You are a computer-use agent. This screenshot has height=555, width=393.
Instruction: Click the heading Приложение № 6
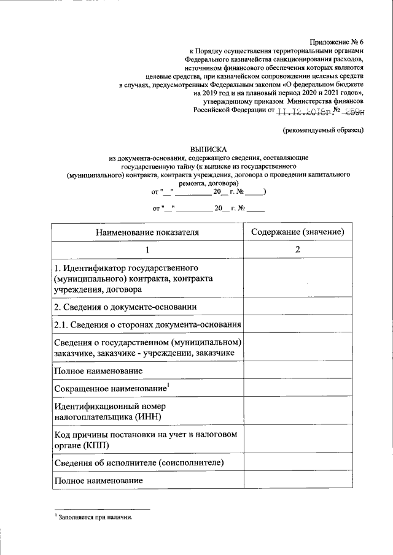pos(337,40)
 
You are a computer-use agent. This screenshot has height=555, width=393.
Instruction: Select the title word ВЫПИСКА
pos(208,148)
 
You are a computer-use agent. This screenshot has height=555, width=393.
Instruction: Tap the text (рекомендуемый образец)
pos(324,130)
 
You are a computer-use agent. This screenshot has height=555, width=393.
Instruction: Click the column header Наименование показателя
pos(147,232)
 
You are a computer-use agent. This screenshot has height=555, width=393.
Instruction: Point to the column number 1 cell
pos(147,250)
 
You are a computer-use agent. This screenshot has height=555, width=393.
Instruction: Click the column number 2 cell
pos(297,250)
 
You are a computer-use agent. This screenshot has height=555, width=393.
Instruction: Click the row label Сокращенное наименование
pos(111,389)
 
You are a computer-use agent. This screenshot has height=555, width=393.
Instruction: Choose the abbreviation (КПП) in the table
pos(91,445)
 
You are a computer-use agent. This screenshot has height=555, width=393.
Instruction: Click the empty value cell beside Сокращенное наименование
pos(297,389)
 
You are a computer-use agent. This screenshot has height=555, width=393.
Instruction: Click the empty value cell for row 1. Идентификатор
pos(297,278)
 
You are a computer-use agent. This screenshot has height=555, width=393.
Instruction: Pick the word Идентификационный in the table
pos(93,406)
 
